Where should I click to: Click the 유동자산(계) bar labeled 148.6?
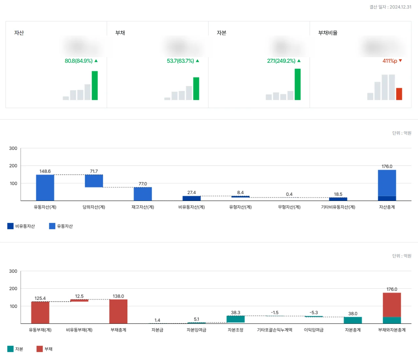click(45, 188)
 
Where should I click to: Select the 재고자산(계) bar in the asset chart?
click(143, 194)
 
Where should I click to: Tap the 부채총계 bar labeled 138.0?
click(118, 311)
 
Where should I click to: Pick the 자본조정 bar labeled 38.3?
click(235, 319)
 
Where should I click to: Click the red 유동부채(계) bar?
click(40, 312)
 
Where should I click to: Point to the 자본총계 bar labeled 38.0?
click(353, 320)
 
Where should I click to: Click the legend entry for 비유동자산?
click(21, 226)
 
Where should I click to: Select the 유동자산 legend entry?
click(61, 226)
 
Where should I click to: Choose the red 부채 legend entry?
click(44, 349)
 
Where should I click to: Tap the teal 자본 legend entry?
click(15, 349)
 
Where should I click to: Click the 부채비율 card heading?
click(328, 33)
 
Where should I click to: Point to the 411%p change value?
click(390, 61)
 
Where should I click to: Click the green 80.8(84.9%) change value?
click(79, 61)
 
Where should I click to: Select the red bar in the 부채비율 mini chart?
click(399, 94)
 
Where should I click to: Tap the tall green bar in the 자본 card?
click(297, 84)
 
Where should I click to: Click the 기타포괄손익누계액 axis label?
click(275, 330)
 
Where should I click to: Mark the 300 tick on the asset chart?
click(13, 148)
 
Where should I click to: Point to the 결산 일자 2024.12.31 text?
click(390, 7)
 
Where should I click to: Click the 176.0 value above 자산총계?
click(387, 167)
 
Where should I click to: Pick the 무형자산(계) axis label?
click(289, 207)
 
